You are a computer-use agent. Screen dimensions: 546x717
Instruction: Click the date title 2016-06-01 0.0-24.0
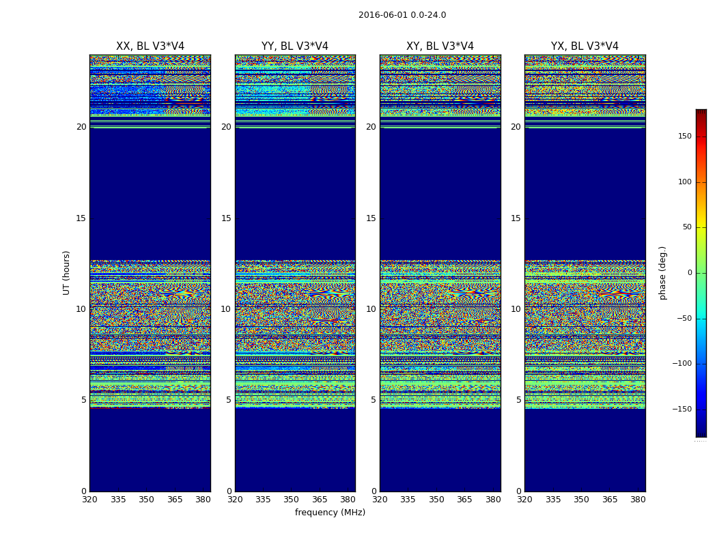pos(402,15)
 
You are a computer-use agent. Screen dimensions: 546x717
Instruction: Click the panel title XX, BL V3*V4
pos(150,46)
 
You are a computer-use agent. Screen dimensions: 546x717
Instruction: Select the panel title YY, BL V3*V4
pos(295,46)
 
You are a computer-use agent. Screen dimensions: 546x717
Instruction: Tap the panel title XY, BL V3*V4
pos(440,46)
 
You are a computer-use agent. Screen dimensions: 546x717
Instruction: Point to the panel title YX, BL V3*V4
pos(585,46)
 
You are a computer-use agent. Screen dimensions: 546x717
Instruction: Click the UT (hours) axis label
pos(67,272)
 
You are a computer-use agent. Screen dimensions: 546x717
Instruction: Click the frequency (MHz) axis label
pos(330,513)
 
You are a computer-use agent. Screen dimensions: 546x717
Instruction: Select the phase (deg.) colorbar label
pos(663,273)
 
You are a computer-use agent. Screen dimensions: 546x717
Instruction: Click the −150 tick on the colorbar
pos(681,409)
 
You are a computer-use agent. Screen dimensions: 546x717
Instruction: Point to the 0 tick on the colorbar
pos(690,273)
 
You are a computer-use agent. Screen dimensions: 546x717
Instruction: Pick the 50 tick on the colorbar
pos(686,227)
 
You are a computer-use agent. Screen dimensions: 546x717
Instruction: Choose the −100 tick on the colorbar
pos(681,364)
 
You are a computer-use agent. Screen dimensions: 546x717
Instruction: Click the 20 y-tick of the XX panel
pos(81,127)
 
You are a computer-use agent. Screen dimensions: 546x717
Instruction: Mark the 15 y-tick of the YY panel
pos(226,218)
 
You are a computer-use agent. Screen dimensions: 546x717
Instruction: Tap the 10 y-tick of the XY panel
pos(371,309)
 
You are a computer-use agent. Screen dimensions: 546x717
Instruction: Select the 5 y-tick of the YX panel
pos(518,400)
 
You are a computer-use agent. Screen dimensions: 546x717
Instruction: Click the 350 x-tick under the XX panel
pos(146,500)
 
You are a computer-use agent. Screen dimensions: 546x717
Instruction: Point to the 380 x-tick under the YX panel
pos(638,500)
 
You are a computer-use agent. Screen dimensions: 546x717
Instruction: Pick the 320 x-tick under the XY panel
pos(380,500)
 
